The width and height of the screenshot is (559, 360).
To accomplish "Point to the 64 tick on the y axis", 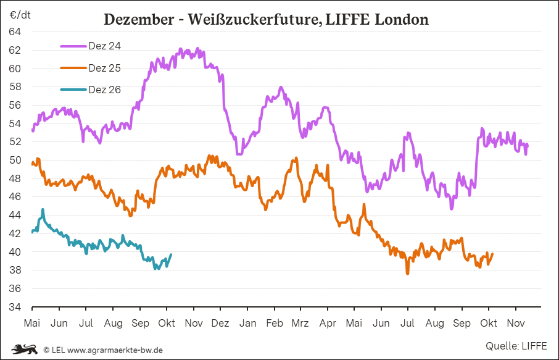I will tap(15, 31).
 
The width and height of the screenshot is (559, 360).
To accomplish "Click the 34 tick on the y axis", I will tap(15, 307).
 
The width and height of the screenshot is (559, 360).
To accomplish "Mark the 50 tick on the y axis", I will tap(15, 160).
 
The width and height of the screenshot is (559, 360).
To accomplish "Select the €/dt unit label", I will tap(20, 14).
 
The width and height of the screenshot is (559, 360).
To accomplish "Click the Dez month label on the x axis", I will tap(220, 324).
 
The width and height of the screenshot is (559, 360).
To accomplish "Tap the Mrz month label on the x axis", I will tap(300, 324).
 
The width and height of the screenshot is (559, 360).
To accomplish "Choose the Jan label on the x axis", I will tap(247, 324).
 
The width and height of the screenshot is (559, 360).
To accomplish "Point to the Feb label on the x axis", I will tap(274, 324).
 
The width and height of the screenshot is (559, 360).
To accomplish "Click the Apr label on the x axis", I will tap(327, 324).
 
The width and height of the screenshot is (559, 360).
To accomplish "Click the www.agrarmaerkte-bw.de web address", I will tap(115, 350).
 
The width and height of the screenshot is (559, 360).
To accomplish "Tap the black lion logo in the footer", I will tap(24, 349).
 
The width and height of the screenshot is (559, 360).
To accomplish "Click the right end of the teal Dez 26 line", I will tap(171, 254).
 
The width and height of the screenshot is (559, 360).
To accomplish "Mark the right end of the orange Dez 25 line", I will tap(492, 254).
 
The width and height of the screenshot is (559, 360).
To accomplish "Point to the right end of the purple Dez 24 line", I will tap(528, 144).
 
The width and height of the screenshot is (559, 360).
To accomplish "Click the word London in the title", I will tap(401, 20).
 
